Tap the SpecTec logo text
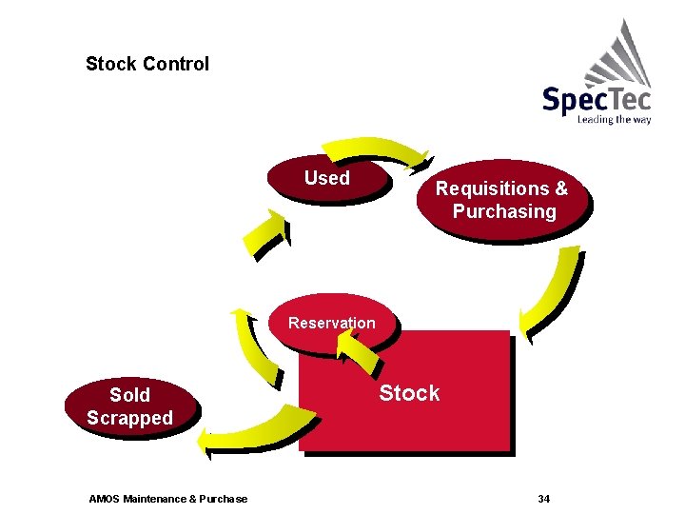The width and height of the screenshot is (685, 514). click(x=597, y=100)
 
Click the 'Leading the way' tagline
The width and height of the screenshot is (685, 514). click(x=614, y=120)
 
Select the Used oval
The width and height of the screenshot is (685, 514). click(x=327, y=178)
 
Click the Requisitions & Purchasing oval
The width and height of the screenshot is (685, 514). click(x=502, y=200)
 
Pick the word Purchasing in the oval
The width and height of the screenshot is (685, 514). click(x=504, y=211)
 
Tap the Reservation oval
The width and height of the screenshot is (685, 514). click(x=331, y=323)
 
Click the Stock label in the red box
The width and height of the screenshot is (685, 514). click(x=409, y=393)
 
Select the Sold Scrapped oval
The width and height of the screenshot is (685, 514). click(x=129, y=406)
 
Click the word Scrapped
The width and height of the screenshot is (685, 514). click(x=129, y=418)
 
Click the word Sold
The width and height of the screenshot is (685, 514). click(x=129, y=395)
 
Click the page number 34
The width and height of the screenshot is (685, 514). click(x=544, y=499)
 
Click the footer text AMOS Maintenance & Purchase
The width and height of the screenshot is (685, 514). click(x=167, y=499)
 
